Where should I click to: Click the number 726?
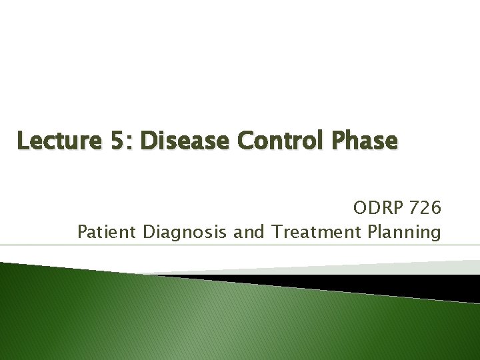click(x=426, y=209)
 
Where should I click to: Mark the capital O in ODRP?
click(x=361, y=209)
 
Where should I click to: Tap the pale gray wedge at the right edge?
click(x=460, y=266)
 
